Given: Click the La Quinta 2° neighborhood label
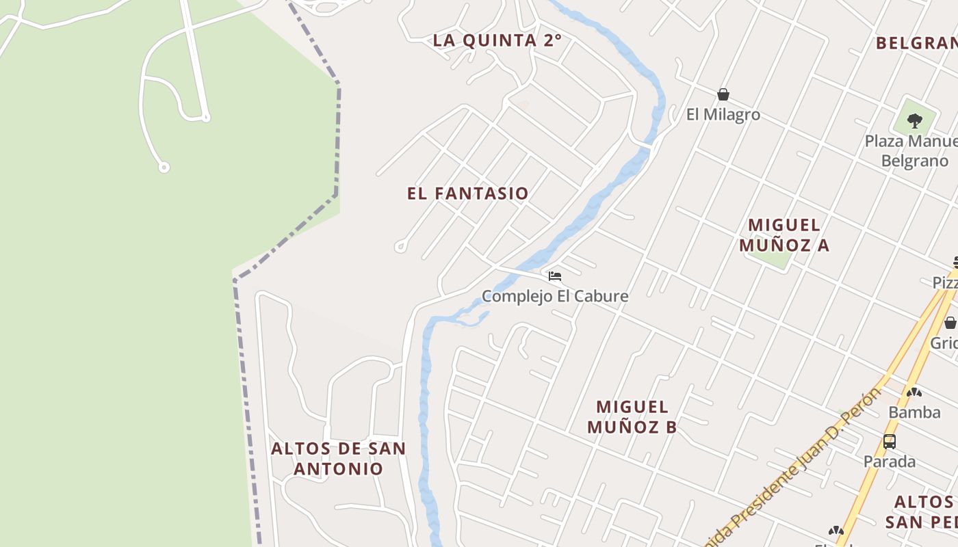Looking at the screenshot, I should (497, 40).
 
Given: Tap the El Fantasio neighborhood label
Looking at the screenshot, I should (468, 194).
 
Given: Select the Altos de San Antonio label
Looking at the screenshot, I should (339, 459).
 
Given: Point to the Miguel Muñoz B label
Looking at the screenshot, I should (632, 416).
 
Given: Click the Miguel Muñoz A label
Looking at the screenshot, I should (784, 235).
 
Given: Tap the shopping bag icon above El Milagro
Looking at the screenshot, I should (723, 94).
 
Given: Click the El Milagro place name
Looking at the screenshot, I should (723, 114).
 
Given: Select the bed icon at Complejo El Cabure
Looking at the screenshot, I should (555, 276).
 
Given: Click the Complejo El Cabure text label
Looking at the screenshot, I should (555, 296).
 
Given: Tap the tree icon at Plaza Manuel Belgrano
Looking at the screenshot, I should (915, 121).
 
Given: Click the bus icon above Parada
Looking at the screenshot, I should (890, 442).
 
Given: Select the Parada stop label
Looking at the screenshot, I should (890, 462).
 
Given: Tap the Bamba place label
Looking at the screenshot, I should (914, 412).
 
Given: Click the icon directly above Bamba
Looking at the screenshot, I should (914, 392).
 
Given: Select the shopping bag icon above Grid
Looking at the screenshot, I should (950, 323).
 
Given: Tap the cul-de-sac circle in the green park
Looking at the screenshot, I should (164, 167).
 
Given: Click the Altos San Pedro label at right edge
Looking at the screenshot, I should (922, 511).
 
